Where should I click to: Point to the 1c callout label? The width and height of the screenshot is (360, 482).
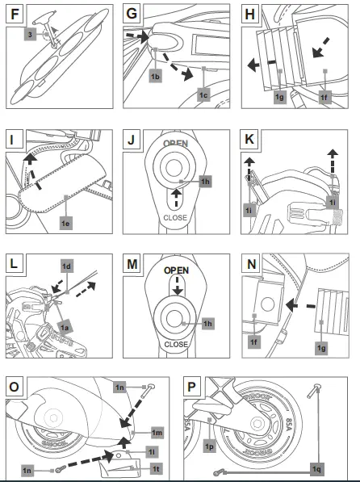204,95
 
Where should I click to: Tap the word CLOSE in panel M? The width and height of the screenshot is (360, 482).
175,342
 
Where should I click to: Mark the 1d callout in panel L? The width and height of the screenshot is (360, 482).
67,264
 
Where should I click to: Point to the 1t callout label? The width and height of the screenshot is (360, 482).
154,467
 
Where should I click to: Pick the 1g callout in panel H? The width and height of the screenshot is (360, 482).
280,96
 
